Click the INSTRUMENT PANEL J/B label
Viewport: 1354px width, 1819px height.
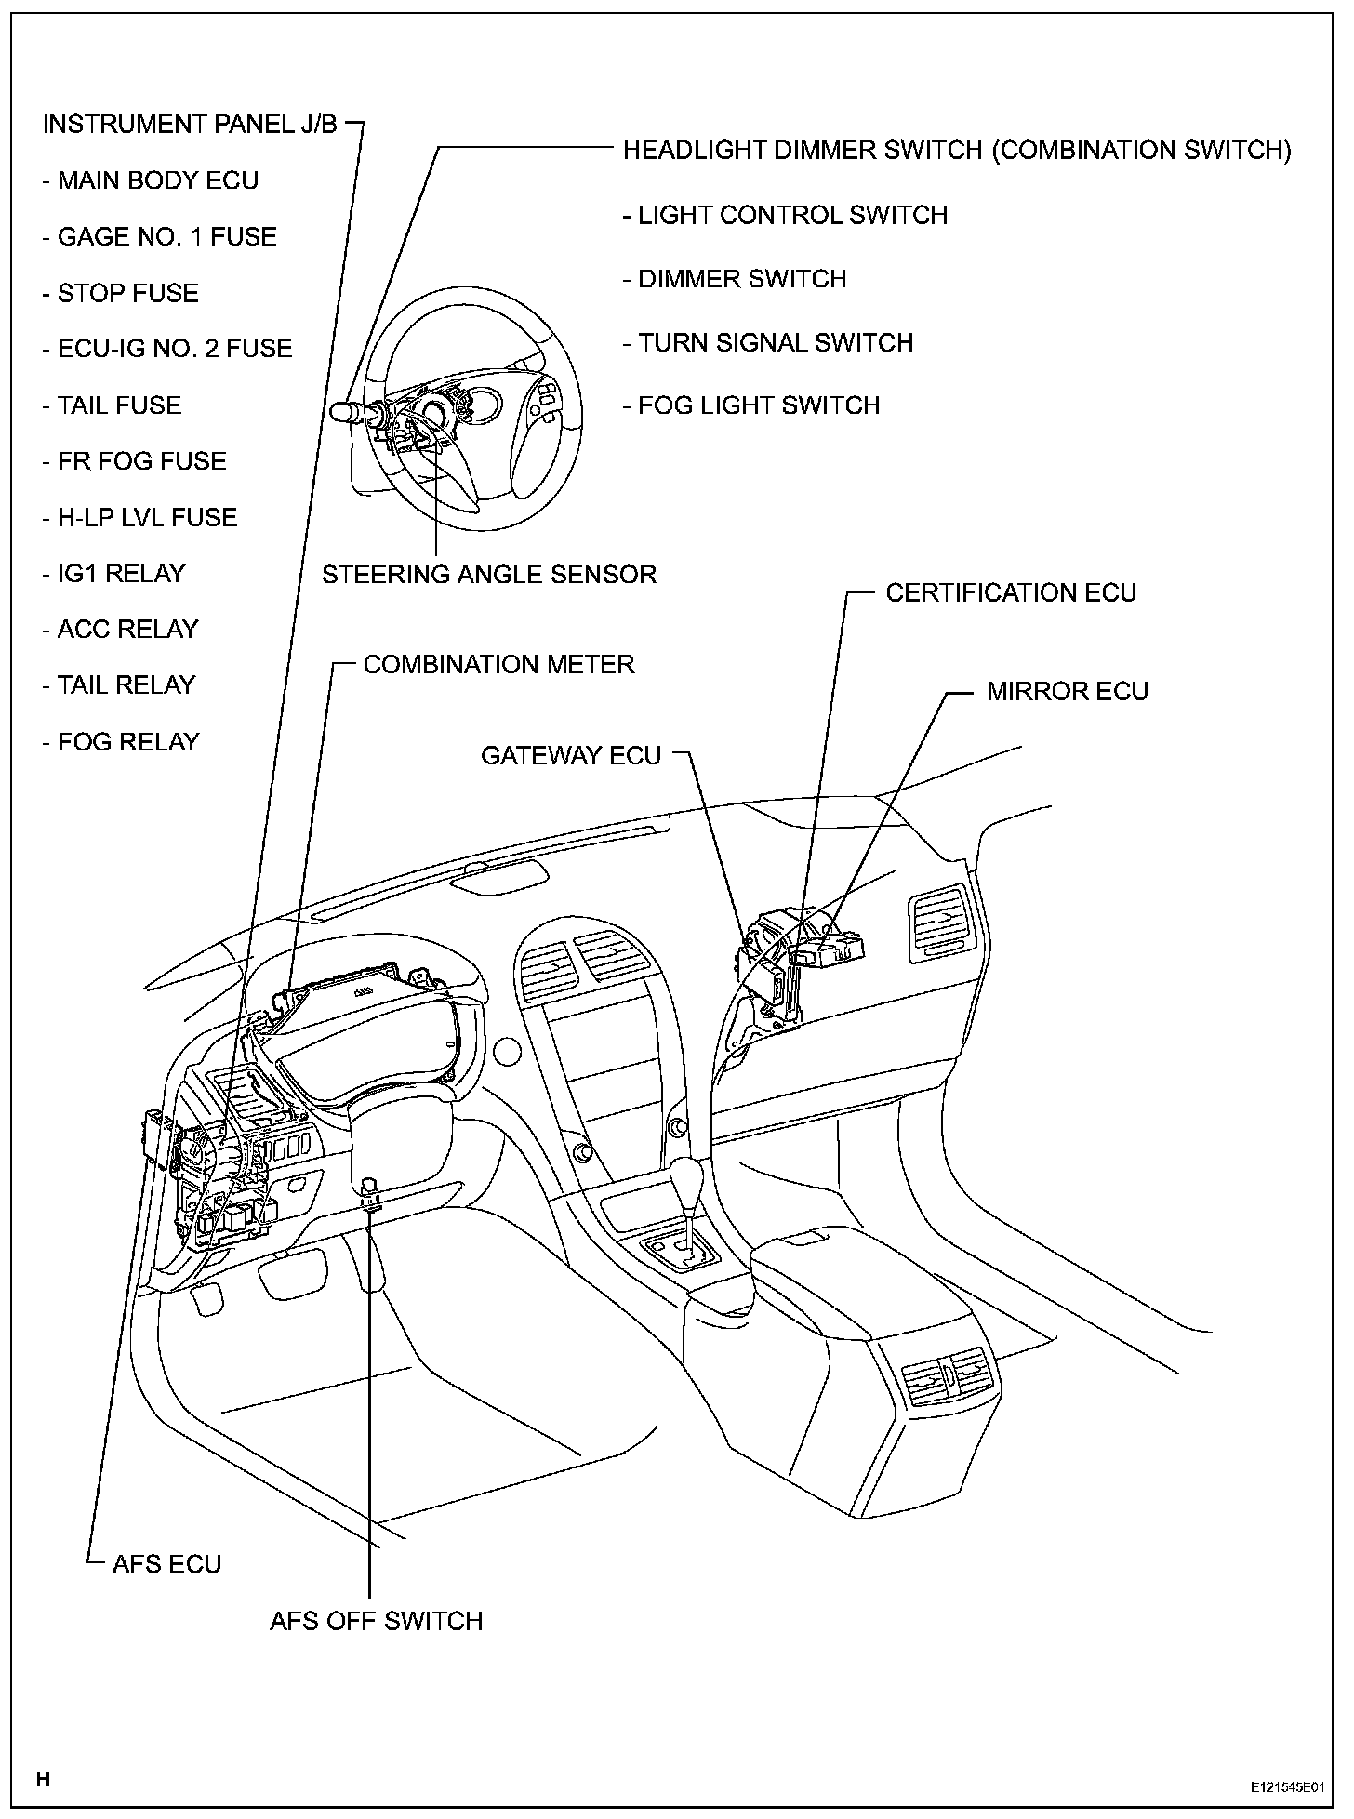pyautogui.click(x=190, y=125)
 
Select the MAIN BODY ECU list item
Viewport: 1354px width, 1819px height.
pyautogui.click(x=151, y=180)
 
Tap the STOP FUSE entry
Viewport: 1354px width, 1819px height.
pyautogui.click(x=121, y=293)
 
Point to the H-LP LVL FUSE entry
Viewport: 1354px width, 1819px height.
pyautogui.click(x=139, y=517)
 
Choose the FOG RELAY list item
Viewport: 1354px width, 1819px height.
pyautogui.click(x=121, y=741)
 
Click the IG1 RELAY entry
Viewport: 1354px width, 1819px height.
pyautogui.click(x=114, y=573)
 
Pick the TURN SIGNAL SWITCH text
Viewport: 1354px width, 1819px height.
pyautogui.click(x=768, y=342)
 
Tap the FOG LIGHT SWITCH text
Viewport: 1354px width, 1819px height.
pyautogui.click(x=751, y=405)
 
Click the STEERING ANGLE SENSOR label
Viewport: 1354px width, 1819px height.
pyautogui.click(x=489, y=574)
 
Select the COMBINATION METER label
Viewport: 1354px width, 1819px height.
pyautogui.click(x=498, y=664)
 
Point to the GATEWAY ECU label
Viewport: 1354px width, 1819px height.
pyautogui.click(x=571, y=755)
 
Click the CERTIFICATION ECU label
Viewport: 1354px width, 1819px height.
pyautogui.click(x=1011, y=592)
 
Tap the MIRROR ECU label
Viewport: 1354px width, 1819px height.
pyautogui.click(x=1068, y=691)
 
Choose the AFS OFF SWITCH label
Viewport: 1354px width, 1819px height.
pyautogui.click(x=377, y=1621)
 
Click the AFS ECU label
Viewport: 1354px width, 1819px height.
pyautogui.click(x=166, y=1563)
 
